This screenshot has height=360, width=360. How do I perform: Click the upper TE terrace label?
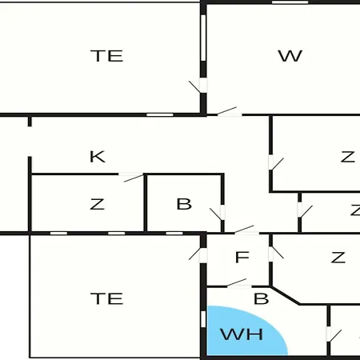point(107,56)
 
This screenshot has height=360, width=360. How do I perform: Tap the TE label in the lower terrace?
point(107,298)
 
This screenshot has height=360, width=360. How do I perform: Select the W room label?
point(290,56)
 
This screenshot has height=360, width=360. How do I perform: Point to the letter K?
point(98,157)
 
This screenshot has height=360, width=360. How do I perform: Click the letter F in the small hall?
point(242,258)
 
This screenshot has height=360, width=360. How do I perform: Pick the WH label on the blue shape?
point(242,334)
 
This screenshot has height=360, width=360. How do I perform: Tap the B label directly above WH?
point(261,298)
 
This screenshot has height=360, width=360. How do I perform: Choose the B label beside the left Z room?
point(184,204)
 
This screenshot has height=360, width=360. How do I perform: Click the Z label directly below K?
point(97,204)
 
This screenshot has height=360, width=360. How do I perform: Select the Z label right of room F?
point(338,258)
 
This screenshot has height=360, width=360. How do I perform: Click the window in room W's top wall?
point(290,2)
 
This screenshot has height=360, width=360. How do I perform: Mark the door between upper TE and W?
point(198,86)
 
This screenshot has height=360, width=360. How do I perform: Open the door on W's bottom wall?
point(230,112)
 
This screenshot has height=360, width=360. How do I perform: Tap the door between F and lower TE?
point(198,254)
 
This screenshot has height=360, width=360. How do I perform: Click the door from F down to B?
point(239,283)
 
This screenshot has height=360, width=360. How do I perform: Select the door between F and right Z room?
point(276,254)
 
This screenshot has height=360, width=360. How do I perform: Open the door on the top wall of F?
point(246,230)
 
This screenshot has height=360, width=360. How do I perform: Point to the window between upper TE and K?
point(160,115)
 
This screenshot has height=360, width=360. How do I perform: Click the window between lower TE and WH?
point(203,319)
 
